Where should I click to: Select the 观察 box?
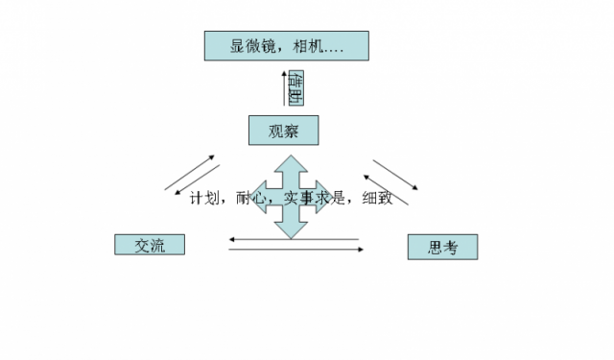coord(282,130)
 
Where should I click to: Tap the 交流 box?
coord(149,245)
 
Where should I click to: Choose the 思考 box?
coord(442,248)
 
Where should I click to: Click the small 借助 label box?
coord(296,87)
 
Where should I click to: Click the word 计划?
coord(204,199)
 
